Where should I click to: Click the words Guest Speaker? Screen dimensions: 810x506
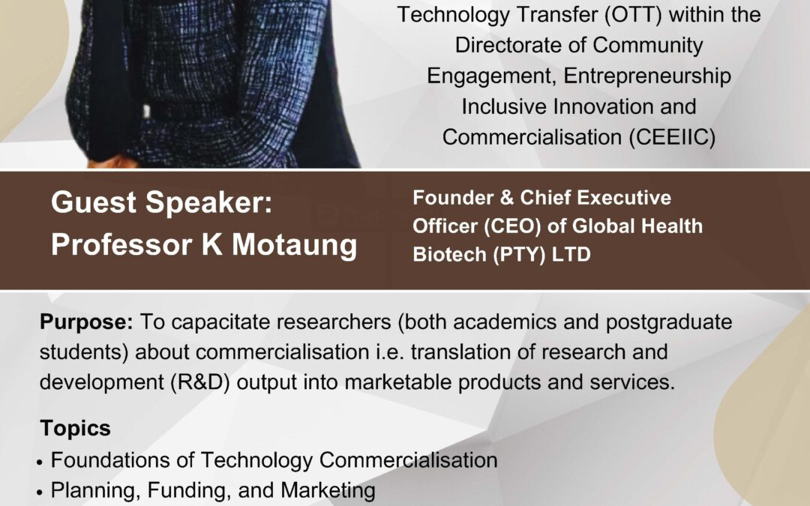click(161, 202)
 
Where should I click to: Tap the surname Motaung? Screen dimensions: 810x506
click(295, 244)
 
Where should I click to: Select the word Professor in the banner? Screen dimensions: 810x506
click(121, 244)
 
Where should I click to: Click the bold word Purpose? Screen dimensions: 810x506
click(86, 322)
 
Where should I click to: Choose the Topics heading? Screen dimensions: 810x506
click(76, 428)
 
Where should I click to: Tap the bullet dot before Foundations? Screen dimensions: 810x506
click(40, 462)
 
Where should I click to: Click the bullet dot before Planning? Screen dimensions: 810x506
click(40, 492)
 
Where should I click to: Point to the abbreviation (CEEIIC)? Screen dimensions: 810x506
click(672, 137)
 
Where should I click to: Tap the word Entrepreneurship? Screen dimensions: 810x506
click(647, 76)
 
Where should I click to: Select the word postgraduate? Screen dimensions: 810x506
click(669, 322)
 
